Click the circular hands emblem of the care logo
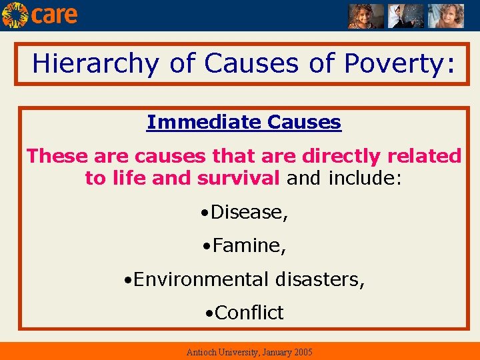click(15, 15)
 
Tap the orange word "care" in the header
click(54, 15)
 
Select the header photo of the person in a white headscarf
click(405, 16)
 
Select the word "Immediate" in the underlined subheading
click(204, 123)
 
